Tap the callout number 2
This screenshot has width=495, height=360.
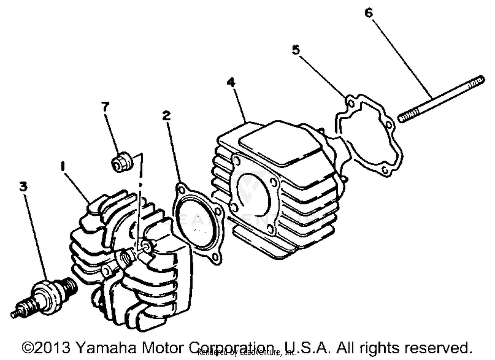[x=167, y=115]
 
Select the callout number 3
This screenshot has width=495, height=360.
[x=23, y=186]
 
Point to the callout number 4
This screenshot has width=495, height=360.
[x=231, y=82]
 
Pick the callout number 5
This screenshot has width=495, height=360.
[x=296, y=50]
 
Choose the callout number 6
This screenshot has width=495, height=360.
[x=369, y=13]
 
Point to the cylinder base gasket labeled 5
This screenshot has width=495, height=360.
[x=370, y=135]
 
